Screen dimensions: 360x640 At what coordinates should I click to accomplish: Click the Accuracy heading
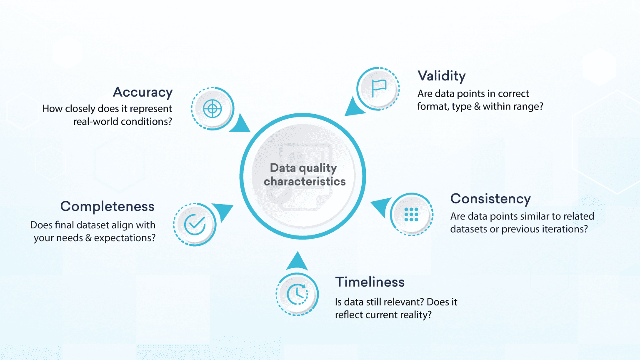click(x=143, y=92)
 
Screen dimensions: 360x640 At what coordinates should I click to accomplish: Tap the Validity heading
click(x=442, y=76)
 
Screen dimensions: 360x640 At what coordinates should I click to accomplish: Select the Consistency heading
click(x=490, y=199)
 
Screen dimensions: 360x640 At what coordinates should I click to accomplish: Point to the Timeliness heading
click(x=370, y=282)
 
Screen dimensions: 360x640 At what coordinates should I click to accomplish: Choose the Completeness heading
click(x=107, y=206)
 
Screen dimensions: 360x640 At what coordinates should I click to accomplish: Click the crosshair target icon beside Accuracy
click(x=212, y=109)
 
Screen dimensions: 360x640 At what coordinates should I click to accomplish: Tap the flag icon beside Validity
click(x=378, y=88)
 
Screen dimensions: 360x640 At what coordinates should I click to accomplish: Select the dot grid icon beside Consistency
click(x=411, y=214)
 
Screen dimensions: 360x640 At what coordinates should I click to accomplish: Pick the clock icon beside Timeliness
click(x=297, y=294)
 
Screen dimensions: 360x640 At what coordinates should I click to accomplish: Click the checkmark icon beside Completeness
click(x=195, y=225)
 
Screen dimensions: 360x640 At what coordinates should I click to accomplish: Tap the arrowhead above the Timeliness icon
click(x=297, y=262)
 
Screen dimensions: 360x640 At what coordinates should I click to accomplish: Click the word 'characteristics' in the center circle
click(x=305, y=182)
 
